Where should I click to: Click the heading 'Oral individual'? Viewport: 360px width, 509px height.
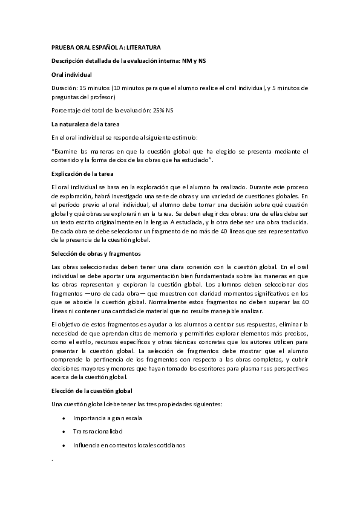(x=72, y=74)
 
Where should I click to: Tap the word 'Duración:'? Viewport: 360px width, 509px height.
(x=65, y=88)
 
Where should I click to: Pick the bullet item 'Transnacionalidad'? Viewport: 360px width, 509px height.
(x=97, y=432)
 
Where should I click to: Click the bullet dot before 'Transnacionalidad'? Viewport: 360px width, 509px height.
(x=64, y=432)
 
